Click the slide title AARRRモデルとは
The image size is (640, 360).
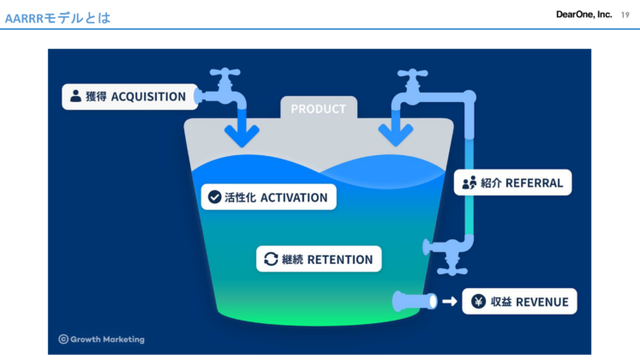tap(57, 17)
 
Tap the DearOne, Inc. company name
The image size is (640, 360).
tap(583, 15)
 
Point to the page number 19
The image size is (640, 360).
tap(625, 15)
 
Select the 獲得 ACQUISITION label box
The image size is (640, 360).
tap(128, 96)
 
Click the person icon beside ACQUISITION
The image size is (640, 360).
tap(75, 96)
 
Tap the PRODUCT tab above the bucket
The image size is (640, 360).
tap(318, 109)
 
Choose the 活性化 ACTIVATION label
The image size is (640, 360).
tap(267, 197)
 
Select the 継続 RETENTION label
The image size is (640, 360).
tap(318, 259)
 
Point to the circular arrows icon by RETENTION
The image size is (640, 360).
tap(271, 259)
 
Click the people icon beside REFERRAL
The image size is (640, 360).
tap(469, 183)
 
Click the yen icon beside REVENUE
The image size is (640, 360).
tap(477, 302)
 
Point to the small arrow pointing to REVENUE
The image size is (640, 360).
tap(449, 302)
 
